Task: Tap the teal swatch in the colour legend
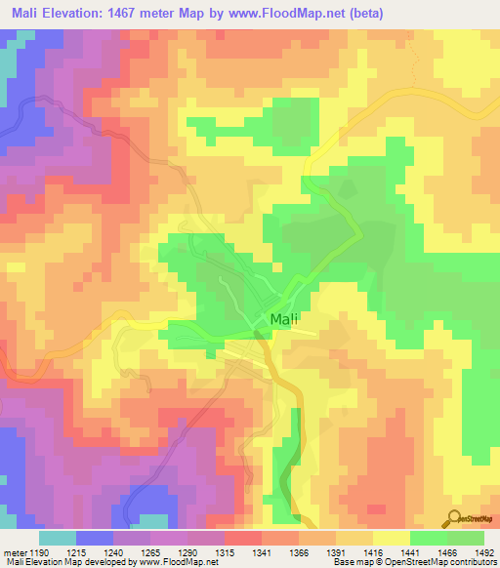click(57, 538)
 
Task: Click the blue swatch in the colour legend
click(94, 538)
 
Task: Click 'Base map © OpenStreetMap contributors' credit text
click(414, 563)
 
